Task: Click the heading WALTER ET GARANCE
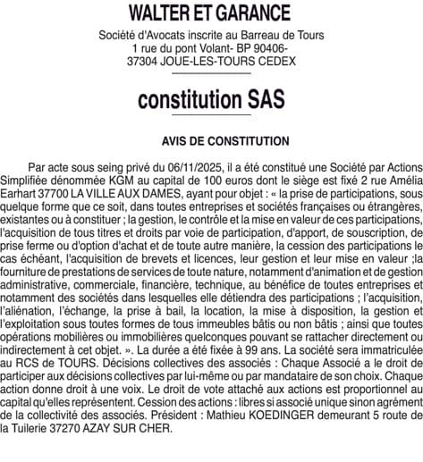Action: pos(211,13)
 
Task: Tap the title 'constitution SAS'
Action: pos(211,101)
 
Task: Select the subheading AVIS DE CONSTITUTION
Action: pos(211,141)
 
